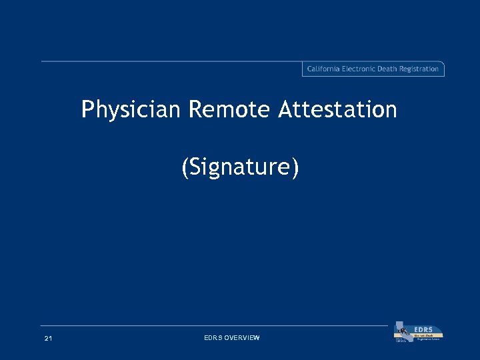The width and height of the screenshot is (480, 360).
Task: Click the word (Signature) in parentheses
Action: (x=240, y=168)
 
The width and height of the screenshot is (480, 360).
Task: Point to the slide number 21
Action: (x=48, y=339)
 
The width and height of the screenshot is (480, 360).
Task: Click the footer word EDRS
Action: (x=213, y=339)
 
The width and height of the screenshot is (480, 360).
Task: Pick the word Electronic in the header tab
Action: (x=362, y=69)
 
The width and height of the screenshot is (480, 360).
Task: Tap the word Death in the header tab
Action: (x=391, y=69)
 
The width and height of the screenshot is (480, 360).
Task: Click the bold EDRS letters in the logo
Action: (x=423, y=329)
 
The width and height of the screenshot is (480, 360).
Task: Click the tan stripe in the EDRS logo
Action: (x=427, y=335)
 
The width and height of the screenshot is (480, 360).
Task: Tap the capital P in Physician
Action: (x=87, y=110)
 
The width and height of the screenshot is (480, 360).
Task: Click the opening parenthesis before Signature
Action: (x=185, y=168)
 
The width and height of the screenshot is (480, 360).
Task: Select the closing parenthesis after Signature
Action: (x=295, y=168)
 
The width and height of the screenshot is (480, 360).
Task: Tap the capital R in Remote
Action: (x=195, y=110)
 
